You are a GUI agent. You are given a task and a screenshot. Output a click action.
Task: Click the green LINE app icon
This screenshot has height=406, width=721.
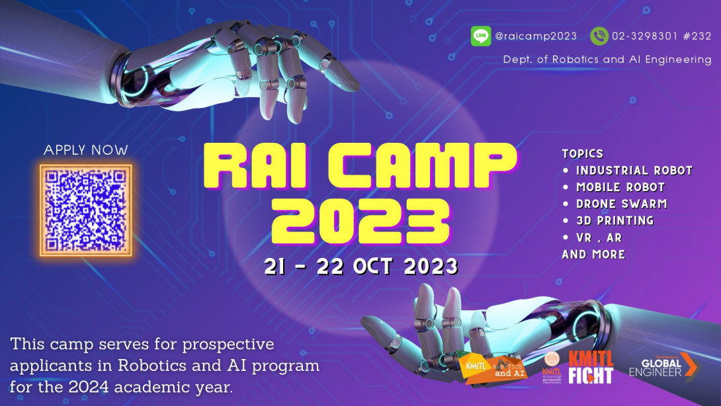[481, 36]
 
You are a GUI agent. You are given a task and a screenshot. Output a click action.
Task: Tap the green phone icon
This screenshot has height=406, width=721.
[599, 36]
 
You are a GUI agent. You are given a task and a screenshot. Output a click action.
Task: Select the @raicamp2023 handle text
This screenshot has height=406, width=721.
[536, 36]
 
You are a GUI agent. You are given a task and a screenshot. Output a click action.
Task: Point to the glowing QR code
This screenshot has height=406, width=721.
[86, 210]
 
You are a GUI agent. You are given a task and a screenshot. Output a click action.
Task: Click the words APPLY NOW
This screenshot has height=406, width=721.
[86, 150]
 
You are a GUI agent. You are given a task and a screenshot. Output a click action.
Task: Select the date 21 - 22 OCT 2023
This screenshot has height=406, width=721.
[360, 266]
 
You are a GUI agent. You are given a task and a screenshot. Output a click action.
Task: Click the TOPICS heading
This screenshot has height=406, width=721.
[583, 153]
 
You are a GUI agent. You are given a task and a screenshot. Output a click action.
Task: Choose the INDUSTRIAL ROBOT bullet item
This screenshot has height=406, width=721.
[634, 171]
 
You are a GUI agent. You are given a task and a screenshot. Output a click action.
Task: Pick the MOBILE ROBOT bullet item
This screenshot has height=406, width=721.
[620, 187]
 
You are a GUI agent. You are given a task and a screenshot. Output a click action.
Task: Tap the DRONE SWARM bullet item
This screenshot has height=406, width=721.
[621, 204]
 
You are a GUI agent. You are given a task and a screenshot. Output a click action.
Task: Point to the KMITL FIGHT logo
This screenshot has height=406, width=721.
[591, 367]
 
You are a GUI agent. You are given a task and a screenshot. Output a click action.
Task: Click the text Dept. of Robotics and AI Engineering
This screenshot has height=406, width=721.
[607, 60]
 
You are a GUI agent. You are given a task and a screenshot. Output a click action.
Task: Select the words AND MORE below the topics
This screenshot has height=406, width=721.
[593, 255]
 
